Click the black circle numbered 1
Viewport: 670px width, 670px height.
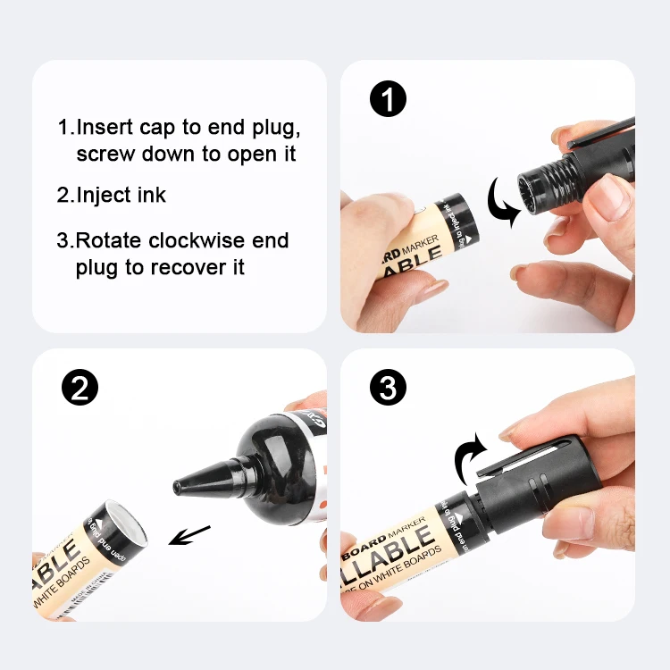[x=387, y=99]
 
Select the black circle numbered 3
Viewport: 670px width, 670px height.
[x=387, y=388]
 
